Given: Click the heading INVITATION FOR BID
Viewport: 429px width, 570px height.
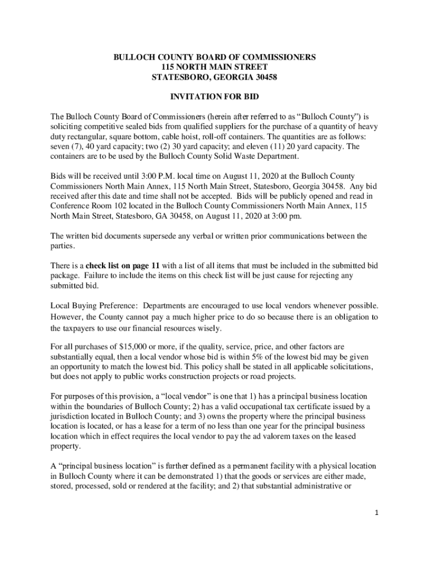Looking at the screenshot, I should click(x=214, y=97).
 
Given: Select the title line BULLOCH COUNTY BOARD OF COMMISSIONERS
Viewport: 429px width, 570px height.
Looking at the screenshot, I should click(x=214, y=57).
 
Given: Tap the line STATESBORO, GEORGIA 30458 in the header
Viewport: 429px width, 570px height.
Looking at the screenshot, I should click(x=214, y=77).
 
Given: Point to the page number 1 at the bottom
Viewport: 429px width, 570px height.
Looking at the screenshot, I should click(x=377, y=513).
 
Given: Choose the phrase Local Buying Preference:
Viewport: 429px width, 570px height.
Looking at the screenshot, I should click(x=95, y=306).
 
